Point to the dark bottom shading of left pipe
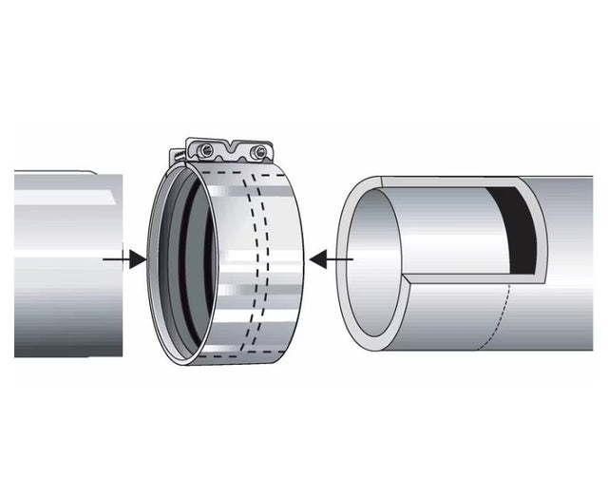66,337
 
